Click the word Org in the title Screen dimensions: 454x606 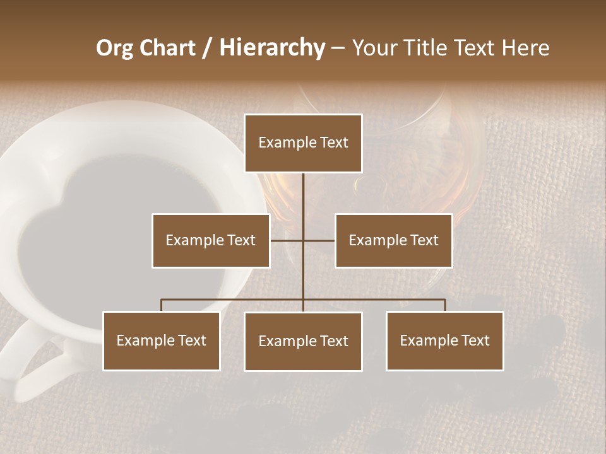click(x=114, y=48)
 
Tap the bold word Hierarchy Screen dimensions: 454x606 click(x=271, y=48)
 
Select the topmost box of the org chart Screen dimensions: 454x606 click(x=303, y=143)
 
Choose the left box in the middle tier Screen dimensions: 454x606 click(x=211, y=240)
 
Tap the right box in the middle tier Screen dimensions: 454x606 click(x=393, y=240)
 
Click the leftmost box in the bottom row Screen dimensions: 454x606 click(x=161, y=340)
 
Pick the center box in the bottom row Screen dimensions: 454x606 click(x=303, y=341)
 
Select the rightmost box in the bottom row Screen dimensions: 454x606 click(x=444, y=340)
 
